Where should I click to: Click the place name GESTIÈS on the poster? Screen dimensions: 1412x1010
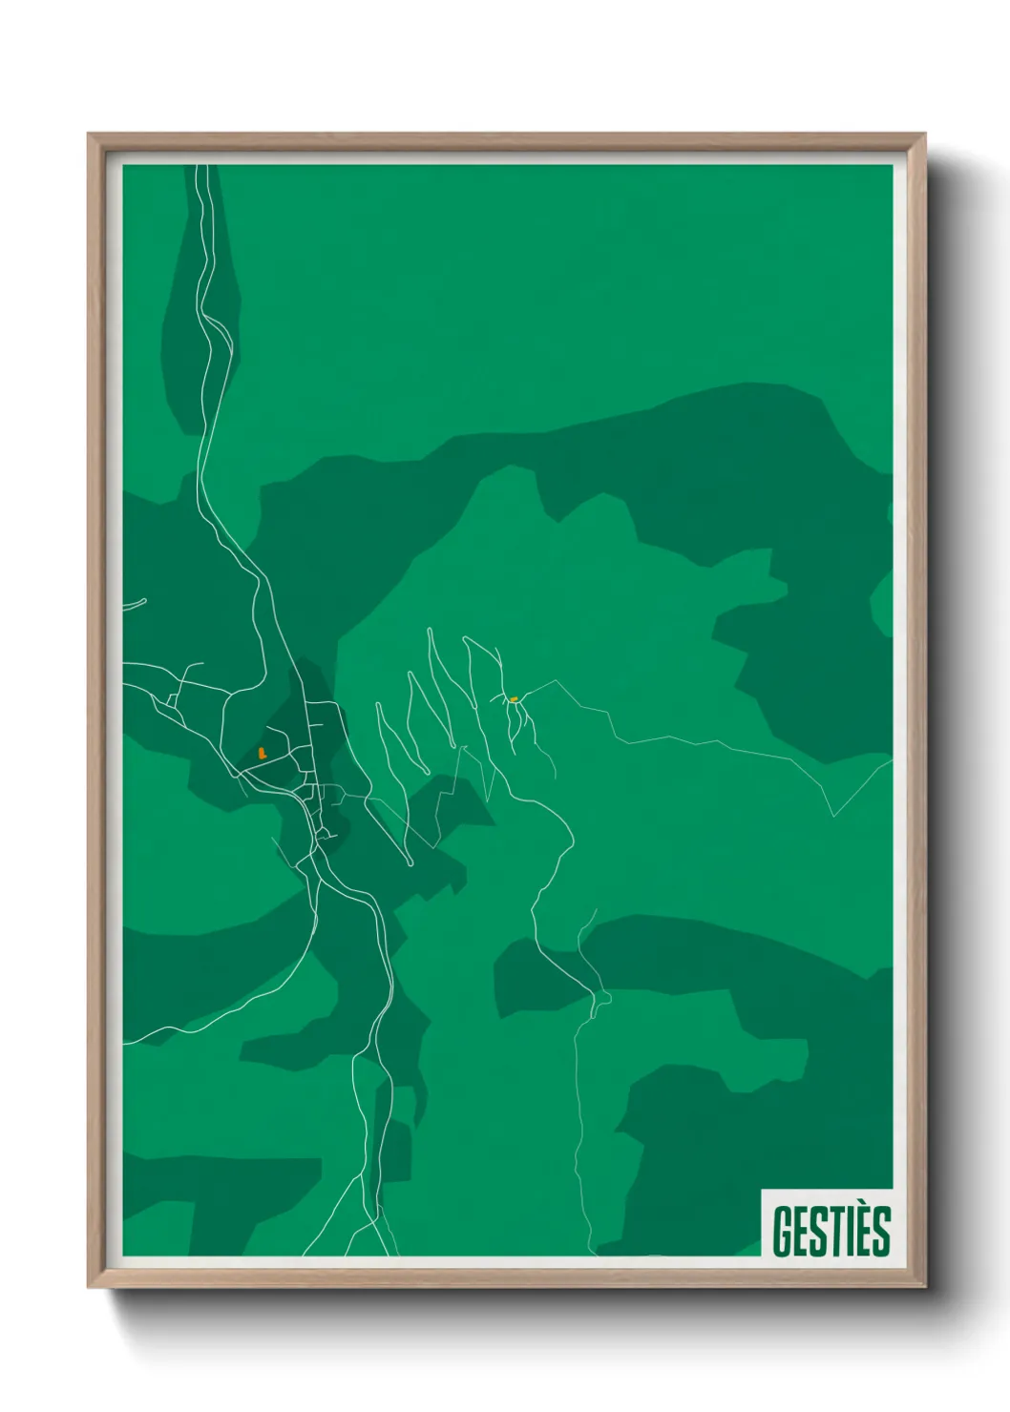[x=831, y=1231]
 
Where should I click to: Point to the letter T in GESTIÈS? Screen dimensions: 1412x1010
[x=831, y=1232]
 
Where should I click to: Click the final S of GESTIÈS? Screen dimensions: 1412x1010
[x=879, y=1232]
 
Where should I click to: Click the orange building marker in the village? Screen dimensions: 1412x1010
[x=263, y=753]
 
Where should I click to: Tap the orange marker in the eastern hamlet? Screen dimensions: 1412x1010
[x=515, y=699]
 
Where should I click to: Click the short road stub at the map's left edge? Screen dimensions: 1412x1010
[x=134, y=604]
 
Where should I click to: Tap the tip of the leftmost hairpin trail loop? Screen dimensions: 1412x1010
[x=380, y=706]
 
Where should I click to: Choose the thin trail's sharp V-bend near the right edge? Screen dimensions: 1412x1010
[x=833, y=816]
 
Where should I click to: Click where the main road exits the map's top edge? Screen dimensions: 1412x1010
[x=200, y=168]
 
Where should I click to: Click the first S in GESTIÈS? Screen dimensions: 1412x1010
[x=814, y=1232]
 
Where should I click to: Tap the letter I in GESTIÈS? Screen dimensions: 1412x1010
[x=845, y=1232]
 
